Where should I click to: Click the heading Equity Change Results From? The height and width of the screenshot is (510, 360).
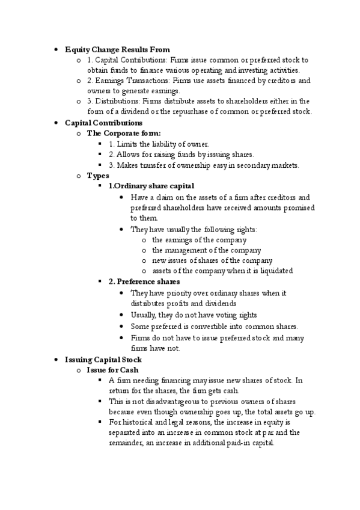(117, 49)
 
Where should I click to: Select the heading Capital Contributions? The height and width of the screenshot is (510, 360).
(103, 123)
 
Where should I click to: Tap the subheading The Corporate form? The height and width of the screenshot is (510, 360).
(124, 134)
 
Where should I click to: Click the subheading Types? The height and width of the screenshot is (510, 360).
(98, 176)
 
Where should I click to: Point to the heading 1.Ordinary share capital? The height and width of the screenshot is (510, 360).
(151, 186)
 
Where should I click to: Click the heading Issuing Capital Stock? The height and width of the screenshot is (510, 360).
(103, 360)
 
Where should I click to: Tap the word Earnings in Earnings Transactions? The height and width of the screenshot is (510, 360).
(110, 81)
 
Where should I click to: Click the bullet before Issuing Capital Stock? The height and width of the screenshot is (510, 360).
(55, 360)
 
